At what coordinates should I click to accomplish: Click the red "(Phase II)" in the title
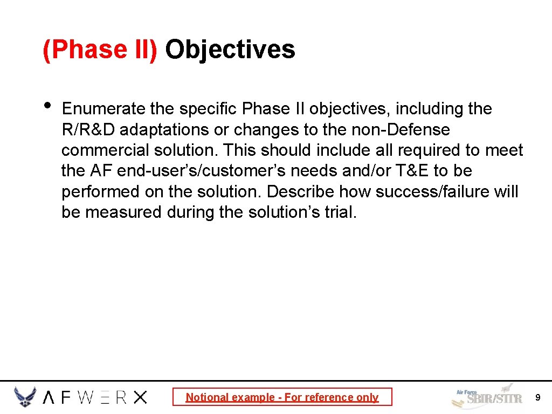[x=100, y=50]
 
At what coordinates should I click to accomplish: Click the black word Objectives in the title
[x=230, y=50]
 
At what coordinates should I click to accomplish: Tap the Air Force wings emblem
[x=25, y=397]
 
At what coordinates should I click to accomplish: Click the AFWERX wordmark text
[x=95, y=398]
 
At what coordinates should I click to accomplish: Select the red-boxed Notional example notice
[x=282, y=397]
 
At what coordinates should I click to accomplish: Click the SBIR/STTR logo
[x=487, y=397]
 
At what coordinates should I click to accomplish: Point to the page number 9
[x=537, y=398]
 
